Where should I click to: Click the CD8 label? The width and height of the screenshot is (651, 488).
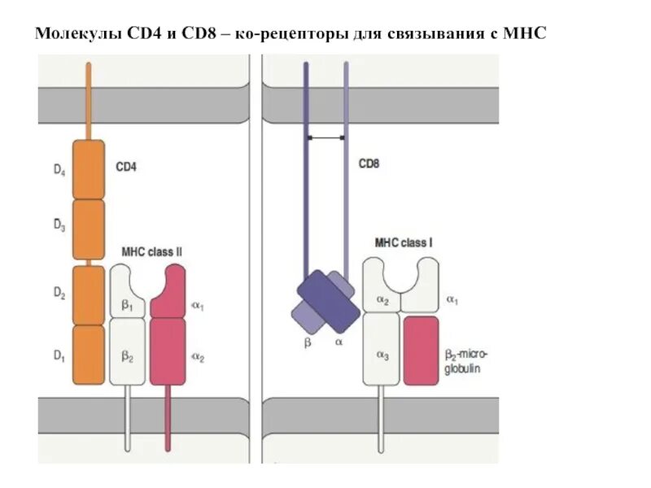point(369,163)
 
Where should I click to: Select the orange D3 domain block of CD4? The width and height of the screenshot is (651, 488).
point(89,228)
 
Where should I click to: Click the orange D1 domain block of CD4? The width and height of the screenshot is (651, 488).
point(89,354)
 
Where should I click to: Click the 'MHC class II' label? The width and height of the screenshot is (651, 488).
point(151,252)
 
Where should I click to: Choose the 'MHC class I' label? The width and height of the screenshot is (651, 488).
point(404,242)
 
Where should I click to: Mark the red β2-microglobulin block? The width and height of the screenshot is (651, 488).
point(421,350)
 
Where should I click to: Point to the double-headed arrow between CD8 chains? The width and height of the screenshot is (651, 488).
point(326,138)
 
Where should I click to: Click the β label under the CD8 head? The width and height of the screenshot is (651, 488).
point(308,343)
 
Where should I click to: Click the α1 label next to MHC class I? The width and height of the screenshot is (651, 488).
point(452,300)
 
